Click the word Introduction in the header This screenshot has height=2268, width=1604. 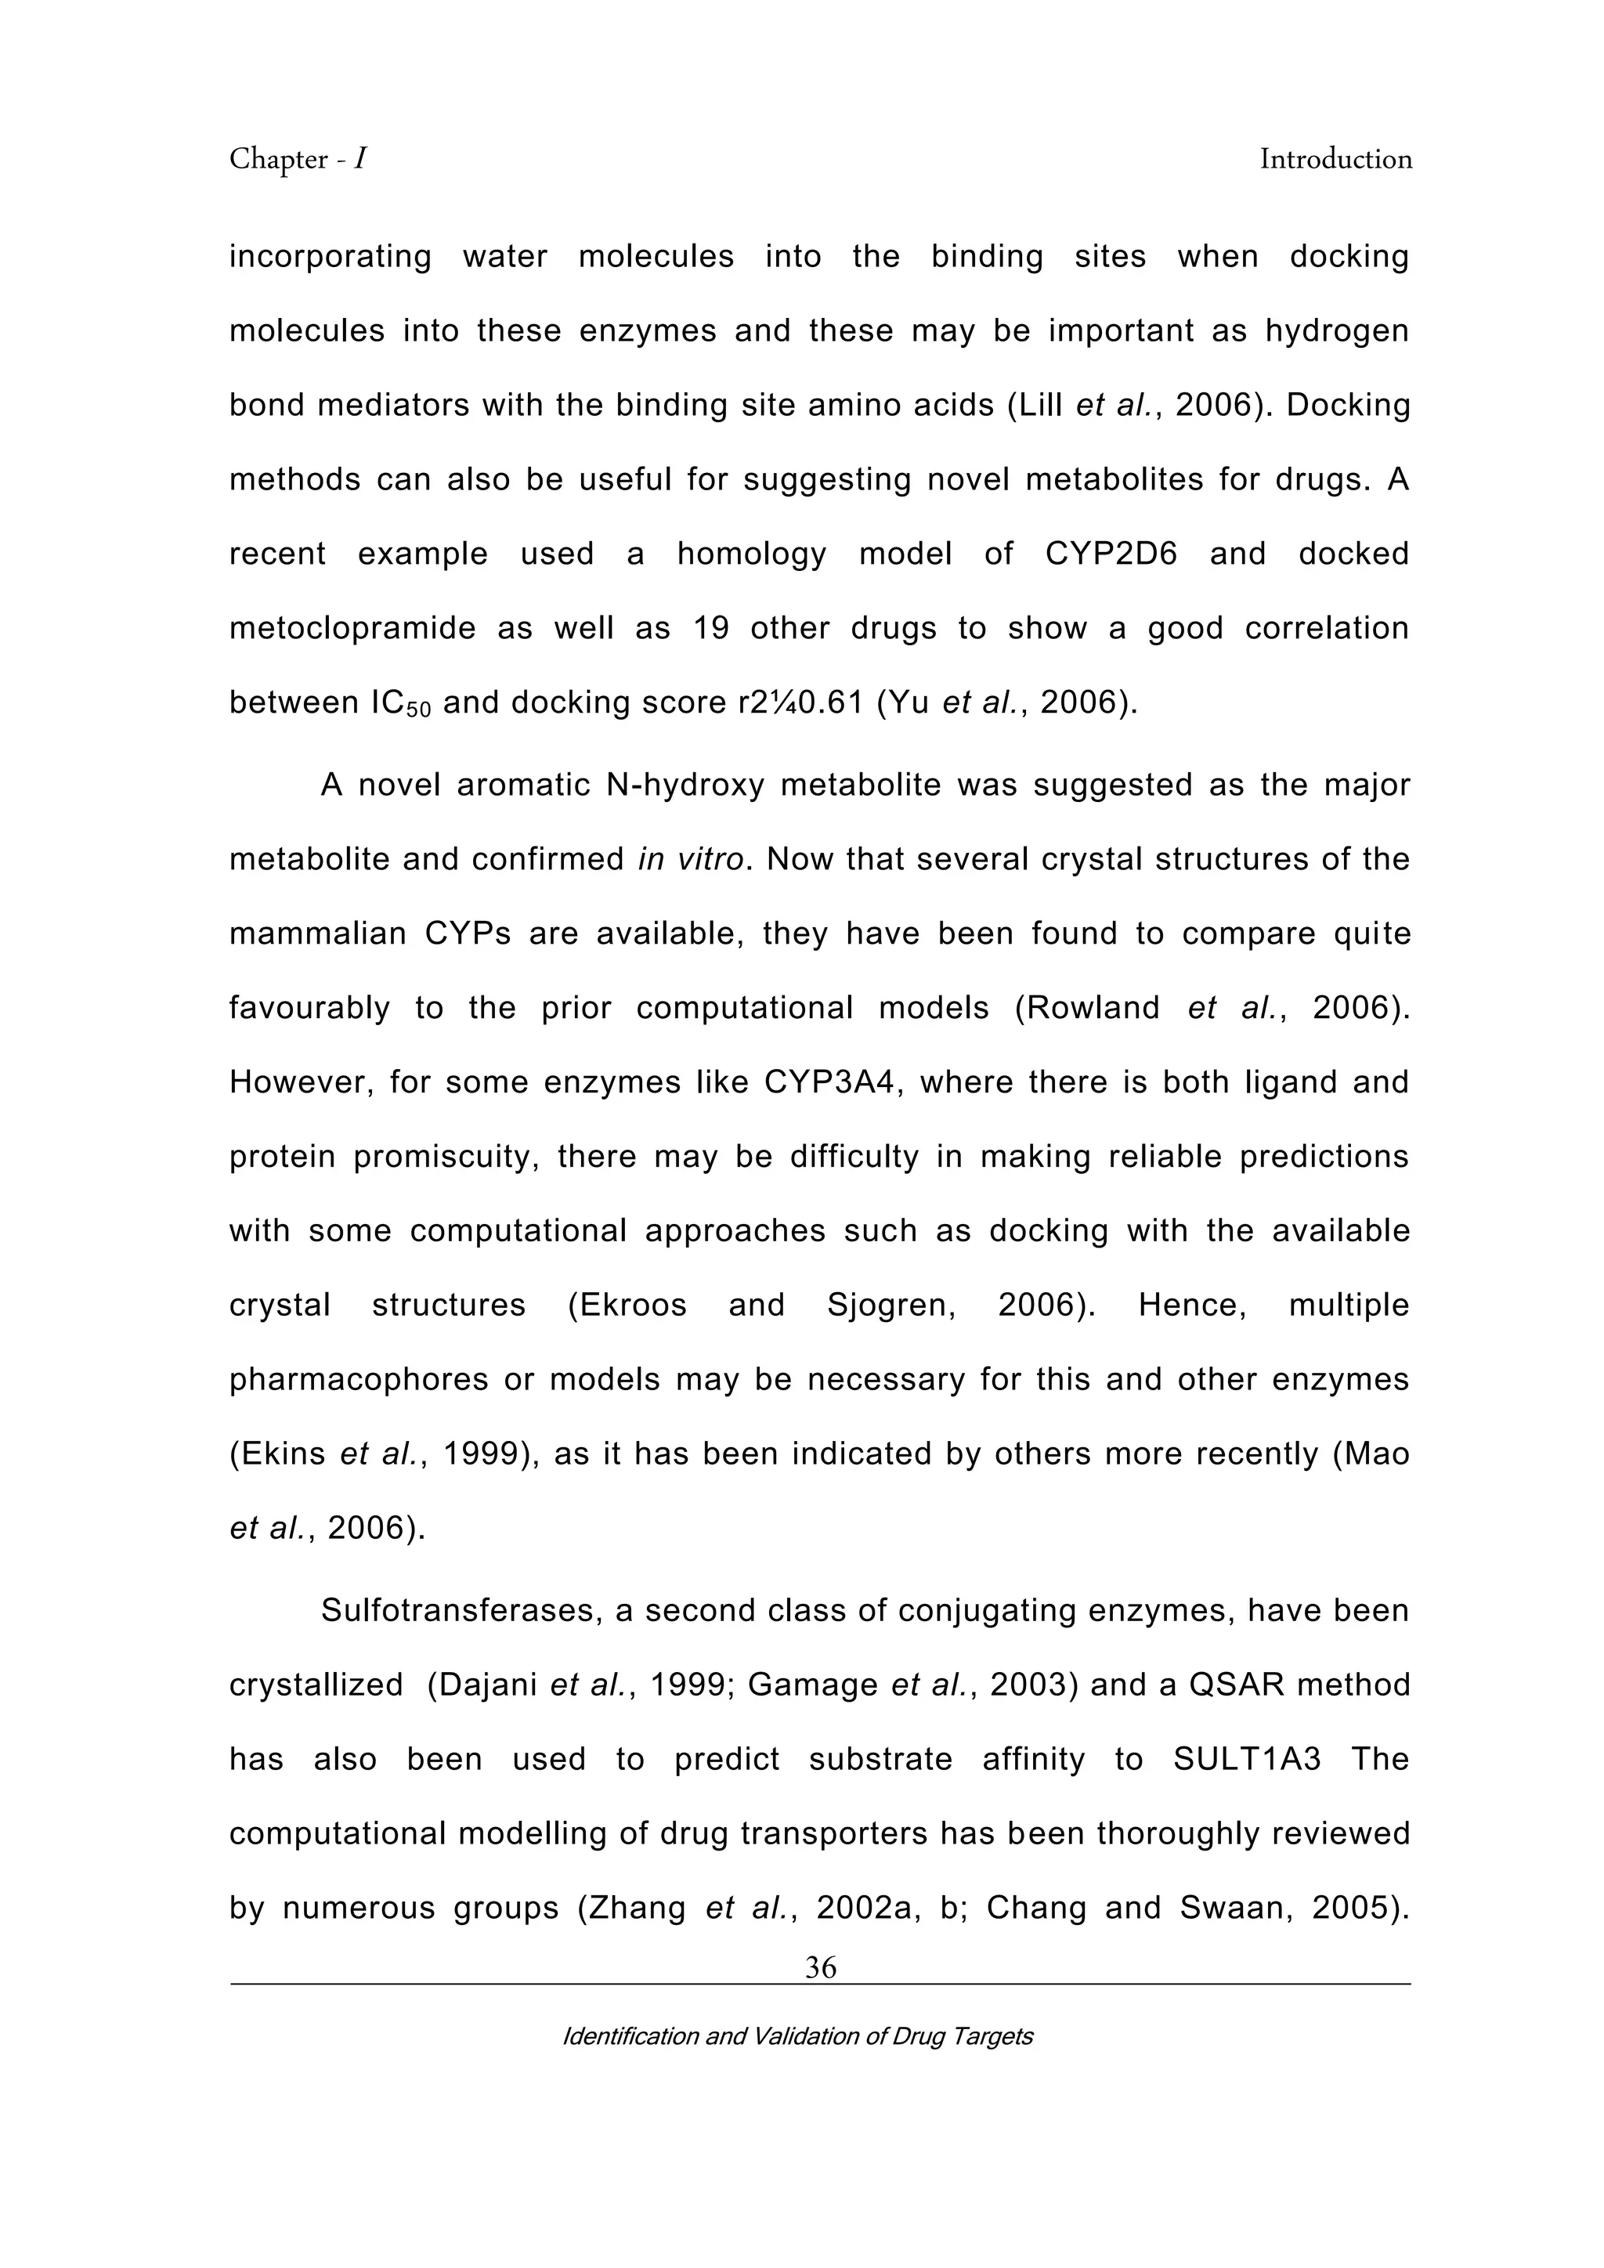point(1335,159)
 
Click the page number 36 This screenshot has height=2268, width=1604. point(820,1968)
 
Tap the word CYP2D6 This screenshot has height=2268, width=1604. point(1111,553)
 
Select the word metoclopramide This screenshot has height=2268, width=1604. point(352,628)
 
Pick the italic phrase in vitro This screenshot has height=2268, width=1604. point(690,859)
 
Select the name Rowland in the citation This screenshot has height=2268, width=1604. point(1093,1008)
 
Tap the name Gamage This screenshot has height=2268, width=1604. point(813,1685)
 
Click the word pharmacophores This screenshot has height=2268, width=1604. point(359,1380)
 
